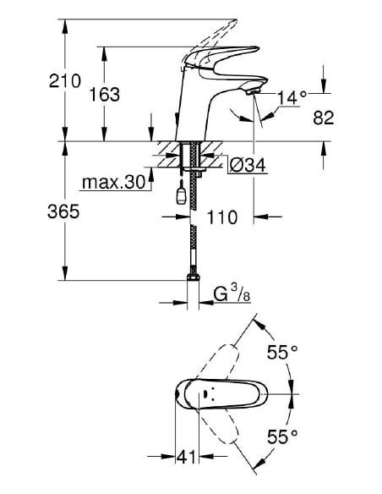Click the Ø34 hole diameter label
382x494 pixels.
coord(248,166)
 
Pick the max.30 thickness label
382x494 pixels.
coord(113,183)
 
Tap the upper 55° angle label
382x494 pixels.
coord(283,353)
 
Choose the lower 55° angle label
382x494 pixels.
coord(283,437)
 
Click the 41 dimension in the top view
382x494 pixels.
coord(187,458)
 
